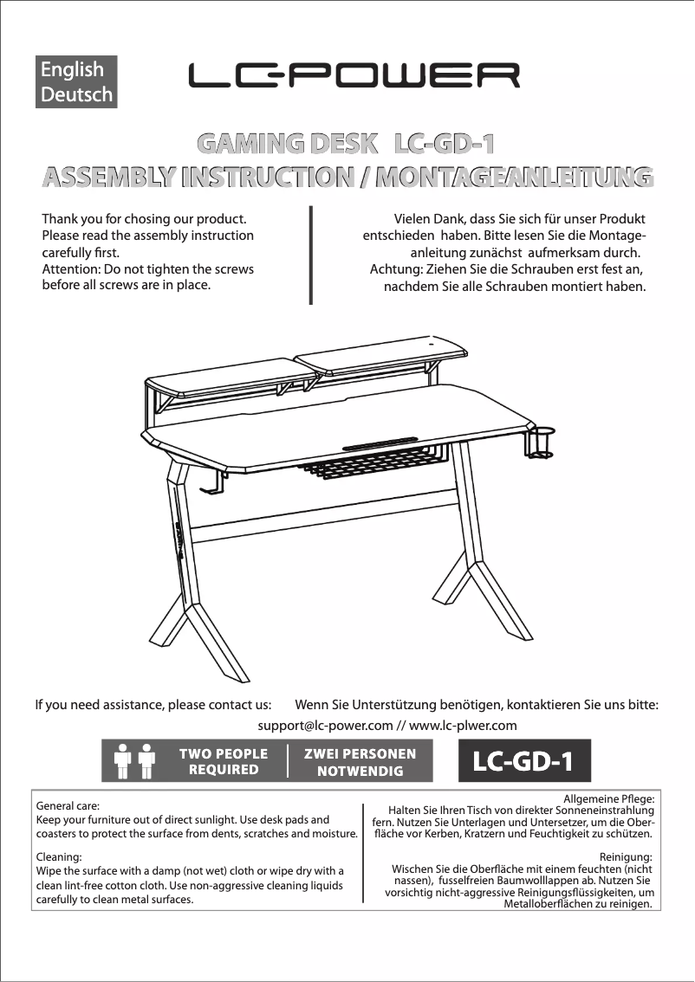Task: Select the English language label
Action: click(72, 70)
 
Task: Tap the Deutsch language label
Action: click(77, 94)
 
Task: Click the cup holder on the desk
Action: click(541, 442)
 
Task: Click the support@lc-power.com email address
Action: click(325, 726)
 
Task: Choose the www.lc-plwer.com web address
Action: click(463, 726)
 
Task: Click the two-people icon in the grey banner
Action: click(133, 761)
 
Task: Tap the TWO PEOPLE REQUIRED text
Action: click(224, 761)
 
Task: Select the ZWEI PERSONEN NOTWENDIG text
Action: click(360, 762)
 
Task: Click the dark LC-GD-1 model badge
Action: click(523, 762)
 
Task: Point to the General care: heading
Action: click(68, 805)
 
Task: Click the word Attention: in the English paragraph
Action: click(72, 268)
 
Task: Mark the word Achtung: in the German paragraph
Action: click(396, 269)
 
